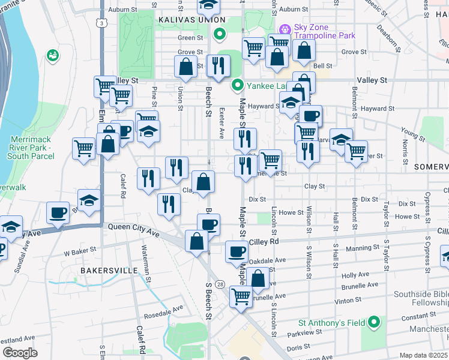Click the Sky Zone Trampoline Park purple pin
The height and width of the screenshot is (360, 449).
click(285, 28)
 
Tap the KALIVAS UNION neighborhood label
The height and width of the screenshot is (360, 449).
click(187, 20)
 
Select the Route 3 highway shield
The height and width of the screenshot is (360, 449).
click(103, 23)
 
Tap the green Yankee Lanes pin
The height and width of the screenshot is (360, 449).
click(238, 85)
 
